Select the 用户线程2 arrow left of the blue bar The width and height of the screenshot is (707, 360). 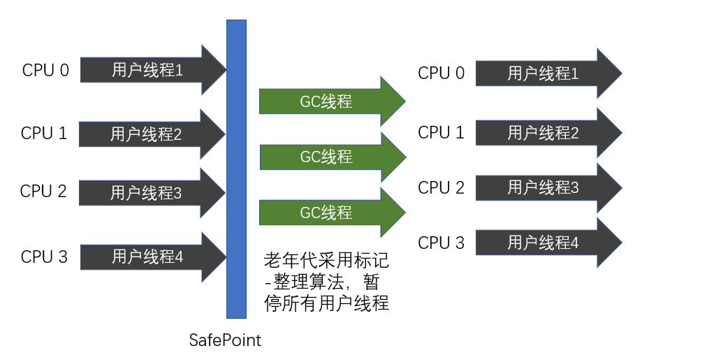coord(147,134)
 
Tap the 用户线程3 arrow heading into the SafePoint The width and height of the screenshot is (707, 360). coord(147,193)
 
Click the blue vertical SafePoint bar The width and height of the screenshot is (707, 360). coord(237,168)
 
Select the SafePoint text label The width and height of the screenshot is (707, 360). coord(225,341)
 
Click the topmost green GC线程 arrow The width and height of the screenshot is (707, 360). coord(326,101)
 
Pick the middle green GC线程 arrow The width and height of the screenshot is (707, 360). coord(326,157)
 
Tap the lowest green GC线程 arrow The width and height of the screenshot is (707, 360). coord(326,213)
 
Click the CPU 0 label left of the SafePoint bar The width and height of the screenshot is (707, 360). coord(45,71)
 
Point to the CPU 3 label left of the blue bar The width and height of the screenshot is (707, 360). coord(45,257)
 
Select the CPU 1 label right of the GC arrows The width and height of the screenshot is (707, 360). coord(441,132)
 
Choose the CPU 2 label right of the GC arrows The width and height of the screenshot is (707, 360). coord(441,187)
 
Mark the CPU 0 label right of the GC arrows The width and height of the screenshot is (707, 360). coord(441,73)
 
